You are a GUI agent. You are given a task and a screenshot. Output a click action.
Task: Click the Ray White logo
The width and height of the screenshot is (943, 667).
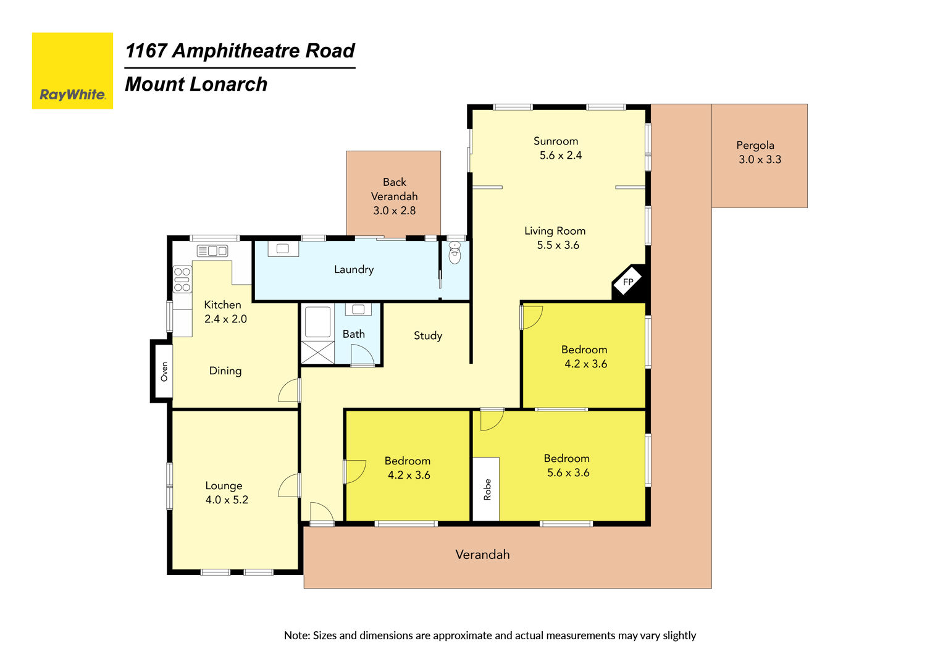tap(72, 71)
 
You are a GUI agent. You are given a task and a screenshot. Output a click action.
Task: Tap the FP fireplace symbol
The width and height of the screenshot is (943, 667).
tap(627, 282)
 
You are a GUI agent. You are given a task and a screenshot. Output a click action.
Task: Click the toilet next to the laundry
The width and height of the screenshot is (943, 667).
tap(455, 253)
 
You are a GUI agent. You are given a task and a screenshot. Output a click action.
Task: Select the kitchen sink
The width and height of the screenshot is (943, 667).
tap(212, 251)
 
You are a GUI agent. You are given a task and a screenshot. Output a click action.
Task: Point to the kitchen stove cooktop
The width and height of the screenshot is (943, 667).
tap(182, 279)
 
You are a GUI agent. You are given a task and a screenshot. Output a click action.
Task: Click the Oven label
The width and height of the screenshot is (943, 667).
tap(164, 371)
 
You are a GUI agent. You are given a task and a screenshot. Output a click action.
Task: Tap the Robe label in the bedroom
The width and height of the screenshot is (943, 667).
tap(487, 489)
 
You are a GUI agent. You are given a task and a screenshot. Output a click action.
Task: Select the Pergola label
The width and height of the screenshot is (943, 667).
tap(755, 145)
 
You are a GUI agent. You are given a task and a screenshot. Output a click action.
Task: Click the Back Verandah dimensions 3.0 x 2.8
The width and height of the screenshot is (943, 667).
tap(394, 211)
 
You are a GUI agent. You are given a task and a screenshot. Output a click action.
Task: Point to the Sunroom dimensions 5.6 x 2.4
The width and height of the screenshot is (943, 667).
tap(560, 156)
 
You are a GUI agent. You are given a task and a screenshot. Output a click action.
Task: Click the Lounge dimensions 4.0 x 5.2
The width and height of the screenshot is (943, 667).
tap(227, 500)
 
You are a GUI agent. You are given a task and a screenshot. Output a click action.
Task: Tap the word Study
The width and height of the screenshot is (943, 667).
tap(428, 335)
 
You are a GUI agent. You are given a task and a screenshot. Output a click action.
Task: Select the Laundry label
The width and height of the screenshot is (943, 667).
tap(354, 269)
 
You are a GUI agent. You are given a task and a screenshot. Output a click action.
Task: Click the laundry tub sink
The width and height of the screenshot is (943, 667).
tap(283, 248)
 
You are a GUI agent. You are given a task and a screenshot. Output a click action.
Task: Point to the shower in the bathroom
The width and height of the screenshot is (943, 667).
tap(317, 351)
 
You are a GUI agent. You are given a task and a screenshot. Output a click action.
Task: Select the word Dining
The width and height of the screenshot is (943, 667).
tap(225, 371)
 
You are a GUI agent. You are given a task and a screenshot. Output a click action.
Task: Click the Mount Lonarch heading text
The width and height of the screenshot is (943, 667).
tap(196, 84)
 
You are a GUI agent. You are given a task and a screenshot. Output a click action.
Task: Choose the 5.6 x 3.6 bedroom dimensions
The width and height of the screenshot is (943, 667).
tap(568, 473)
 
